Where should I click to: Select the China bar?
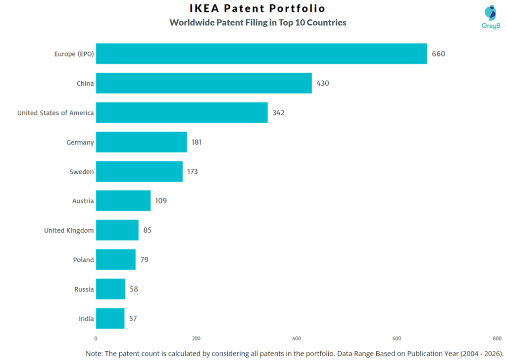203,83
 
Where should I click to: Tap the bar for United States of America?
182,112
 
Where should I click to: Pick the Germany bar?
141,142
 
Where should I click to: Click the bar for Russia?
110,289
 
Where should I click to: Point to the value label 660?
438,54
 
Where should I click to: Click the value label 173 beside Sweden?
193,172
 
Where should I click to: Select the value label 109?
161,201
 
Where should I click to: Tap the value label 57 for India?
133,318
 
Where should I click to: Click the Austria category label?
83,201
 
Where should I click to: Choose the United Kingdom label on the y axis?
69,230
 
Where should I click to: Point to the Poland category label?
83,260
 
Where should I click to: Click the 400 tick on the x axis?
297,339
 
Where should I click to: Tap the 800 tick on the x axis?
497,339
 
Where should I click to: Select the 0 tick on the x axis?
96,339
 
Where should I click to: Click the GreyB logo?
491,17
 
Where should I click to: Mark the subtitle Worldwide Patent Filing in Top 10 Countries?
257,23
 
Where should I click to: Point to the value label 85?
147,230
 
